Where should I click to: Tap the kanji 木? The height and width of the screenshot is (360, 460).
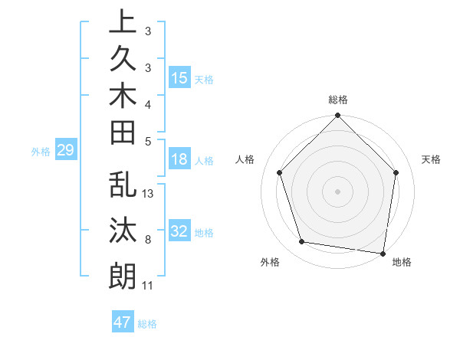(x=123, y=96)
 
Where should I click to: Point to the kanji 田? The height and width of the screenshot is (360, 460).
(x=123, y=133)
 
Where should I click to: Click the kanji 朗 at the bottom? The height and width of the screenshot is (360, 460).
(x=123, y=276)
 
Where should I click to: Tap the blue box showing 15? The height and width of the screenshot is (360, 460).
(x=179, y=78)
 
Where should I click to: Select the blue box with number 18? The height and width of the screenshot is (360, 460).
(x=179, y=160)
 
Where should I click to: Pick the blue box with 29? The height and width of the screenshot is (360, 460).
(x=65, y=151)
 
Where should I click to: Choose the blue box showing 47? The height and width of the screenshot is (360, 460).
(x=123, y=322)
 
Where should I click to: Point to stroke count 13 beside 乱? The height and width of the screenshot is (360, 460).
(x=148, y=194)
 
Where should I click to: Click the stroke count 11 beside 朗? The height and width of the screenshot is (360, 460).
(x=148, y=286)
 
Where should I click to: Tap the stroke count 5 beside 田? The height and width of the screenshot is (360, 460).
(x=148, y=140)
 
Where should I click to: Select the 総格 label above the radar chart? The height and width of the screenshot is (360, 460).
(x=338, y=100)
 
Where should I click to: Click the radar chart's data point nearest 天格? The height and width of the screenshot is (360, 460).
(x=396, y=172)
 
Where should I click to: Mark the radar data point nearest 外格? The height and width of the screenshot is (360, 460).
(x=302, y=242)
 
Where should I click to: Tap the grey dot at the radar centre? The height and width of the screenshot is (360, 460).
(x=338, y=191)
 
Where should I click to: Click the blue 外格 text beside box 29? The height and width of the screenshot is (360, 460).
(x=41, y=152)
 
